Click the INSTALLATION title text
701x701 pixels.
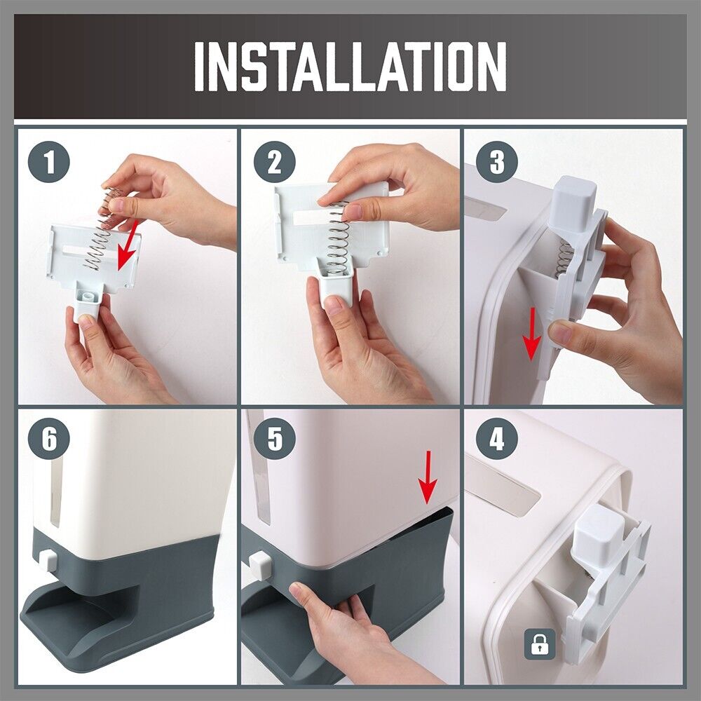[x=350, y=67]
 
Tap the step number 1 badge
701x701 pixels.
[x=49, y=162]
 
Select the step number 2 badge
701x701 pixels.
[x=275, y=162]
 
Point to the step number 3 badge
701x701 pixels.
[x=497, y=162]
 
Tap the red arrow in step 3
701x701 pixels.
[x=533, y=333]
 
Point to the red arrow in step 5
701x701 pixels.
[x=428, y=477]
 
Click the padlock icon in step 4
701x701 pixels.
[x=540, y=644]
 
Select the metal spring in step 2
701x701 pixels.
[x=338, y=238]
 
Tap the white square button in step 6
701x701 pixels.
[x=48, y=561]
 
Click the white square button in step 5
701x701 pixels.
[x=260, y=564]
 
